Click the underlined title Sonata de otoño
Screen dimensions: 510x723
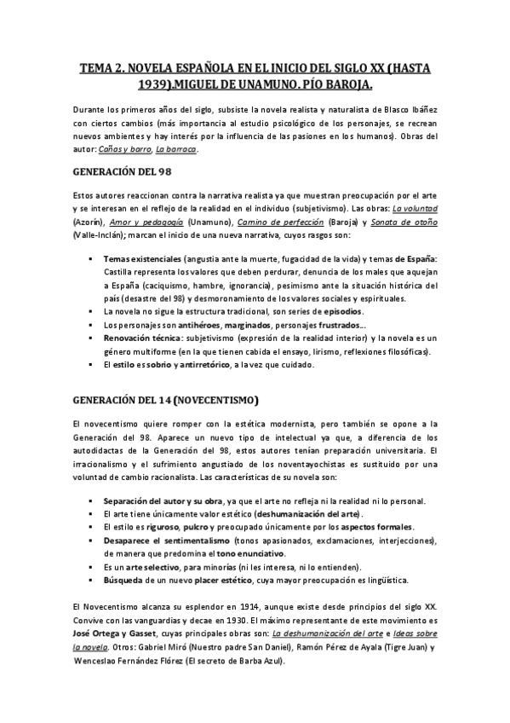coord(406,222)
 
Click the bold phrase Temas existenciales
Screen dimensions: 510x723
coord(141,257)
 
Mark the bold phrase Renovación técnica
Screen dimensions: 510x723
coord(142,338)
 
